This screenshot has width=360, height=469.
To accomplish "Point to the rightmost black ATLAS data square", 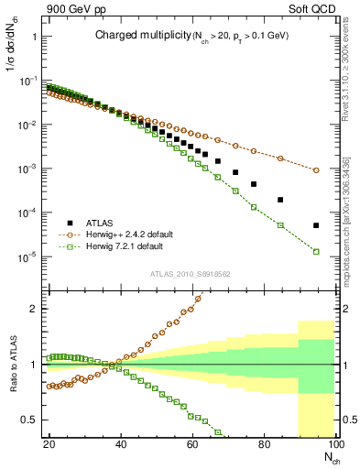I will pyautogui.click(x=316, y=225).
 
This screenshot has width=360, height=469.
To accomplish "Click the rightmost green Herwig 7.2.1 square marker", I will pyautogui.click(x=316, y=252).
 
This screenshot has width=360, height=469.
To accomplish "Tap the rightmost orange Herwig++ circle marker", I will pyautogui.click(x=316, y=170).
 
